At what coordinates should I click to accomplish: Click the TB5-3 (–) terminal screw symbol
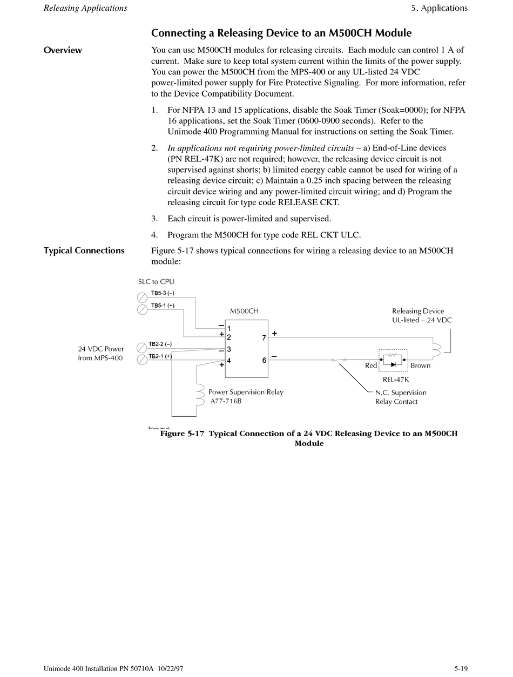click(x=143, y=297)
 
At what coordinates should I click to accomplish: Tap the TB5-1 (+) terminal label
click(x=163, y=306)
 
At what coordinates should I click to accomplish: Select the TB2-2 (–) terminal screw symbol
click(x=143, y=347)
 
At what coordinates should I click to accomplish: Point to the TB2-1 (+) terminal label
click(x=160, y=356)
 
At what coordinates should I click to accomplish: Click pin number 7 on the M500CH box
click(x=264, y=338)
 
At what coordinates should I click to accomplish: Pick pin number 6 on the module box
click(x=264, y=360)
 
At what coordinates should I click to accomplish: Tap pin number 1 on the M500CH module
click(x=230, y=329)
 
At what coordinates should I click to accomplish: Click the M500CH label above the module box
click(x=244, y=312)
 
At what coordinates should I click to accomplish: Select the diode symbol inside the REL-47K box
click(x=393, y=365)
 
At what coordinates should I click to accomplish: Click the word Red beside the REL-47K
click(x=371, y=366)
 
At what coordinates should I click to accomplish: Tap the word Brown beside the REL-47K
click(x=421, y=366)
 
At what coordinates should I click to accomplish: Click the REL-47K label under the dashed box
click(x=395, y=380)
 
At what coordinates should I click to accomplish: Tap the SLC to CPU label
click(x=156, y=282)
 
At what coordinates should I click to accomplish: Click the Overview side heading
click(x=63, y=50)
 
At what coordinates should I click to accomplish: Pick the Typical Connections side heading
click(x=84, y=251)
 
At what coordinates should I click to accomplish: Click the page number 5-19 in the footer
click(x=461, y=669)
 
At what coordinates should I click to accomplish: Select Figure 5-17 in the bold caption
click(x=182, y=434)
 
